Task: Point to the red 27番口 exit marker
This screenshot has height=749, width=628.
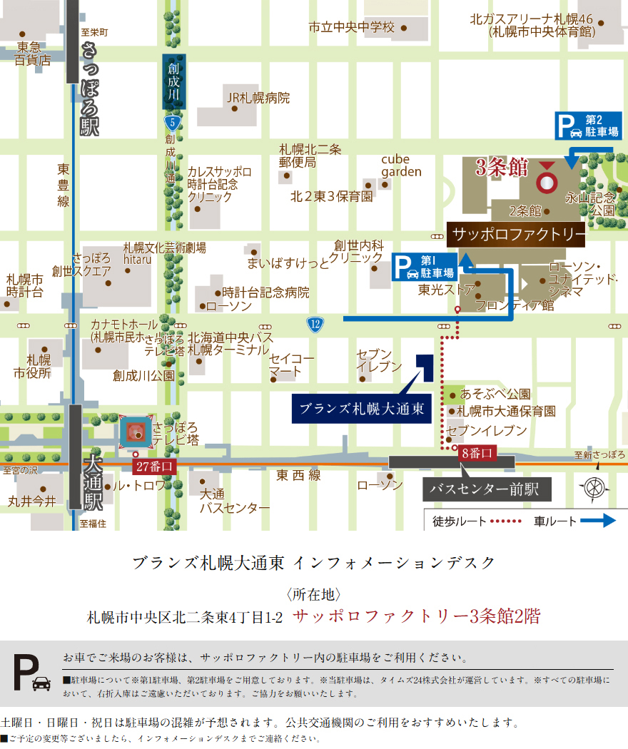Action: click(154, 466)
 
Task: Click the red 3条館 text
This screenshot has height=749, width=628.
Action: click(502, 168)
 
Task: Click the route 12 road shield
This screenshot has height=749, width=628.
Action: click(315, 325)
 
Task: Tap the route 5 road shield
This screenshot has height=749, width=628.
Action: click(171, 123)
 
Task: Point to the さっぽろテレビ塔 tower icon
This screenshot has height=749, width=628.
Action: click(138, 432)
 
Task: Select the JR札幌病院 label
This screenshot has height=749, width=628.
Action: click(258, 98)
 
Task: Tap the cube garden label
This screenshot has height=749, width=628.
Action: click(401, 165)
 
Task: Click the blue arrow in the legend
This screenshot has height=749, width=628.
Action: click(597, 521)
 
